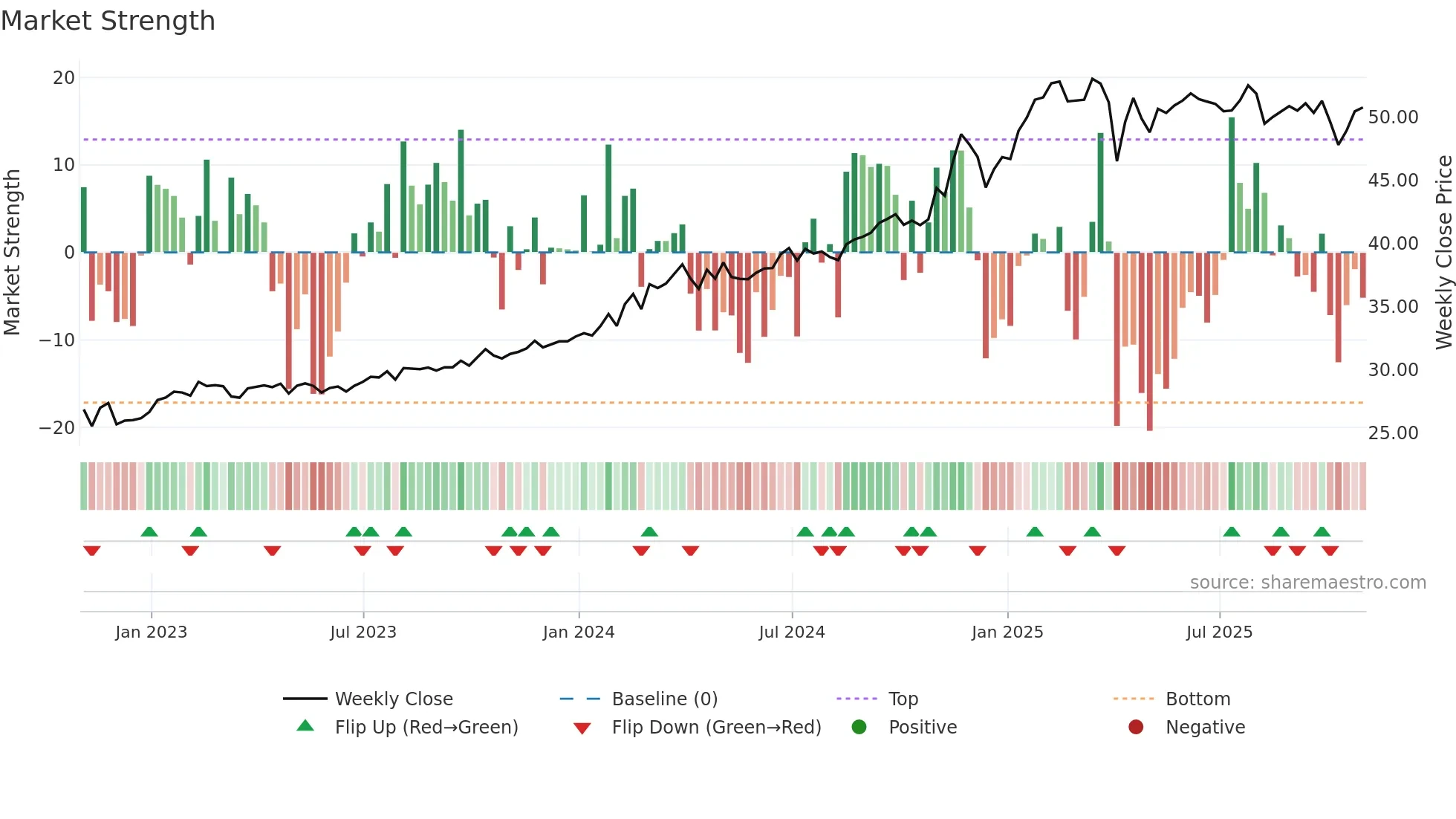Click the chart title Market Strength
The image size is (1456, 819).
click(x=108, y=21)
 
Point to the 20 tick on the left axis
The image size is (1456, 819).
click(x=64, y=78)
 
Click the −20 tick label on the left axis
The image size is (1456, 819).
click(x=57, y=428)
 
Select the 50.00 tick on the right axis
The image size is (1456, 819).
click(x=1393, y=117)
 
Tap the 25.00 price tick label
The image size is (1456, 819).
click(x=1393, y=433)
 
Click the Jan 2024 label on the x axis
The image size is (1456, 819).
click(x=579, y=632)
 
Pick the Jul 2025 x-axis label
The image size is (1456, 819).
click(x=1219, y=632)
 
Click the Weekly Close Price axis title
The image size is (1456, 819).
click(x=1443, y=253)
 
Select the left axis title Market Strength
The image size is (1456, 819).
click(x=12, y=253)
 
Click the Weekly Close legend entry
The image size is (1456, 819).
click(x=393, y=699)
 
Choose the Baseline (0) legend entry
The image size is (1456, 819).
click(x=664, y=699)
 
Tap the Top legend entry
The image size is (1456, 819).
click(x=903, y=699)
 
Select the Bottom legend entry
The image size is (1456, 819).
click(x=1197, y=699)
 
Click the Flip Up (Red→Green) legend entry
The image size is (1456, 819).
click(x=426, y=728)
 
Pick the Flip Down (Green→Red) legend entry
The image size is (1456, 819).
click(x=716, y=728)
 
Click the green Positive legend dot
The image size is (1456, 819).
click(x=859, y=728)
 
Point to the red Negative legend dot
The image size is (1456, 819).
click(x=1136, y=728)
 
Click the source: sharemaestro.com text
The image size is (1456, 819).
click(x=1307, y=583)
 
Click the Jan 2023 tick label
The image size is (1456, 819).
click(x=152, y=632)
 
